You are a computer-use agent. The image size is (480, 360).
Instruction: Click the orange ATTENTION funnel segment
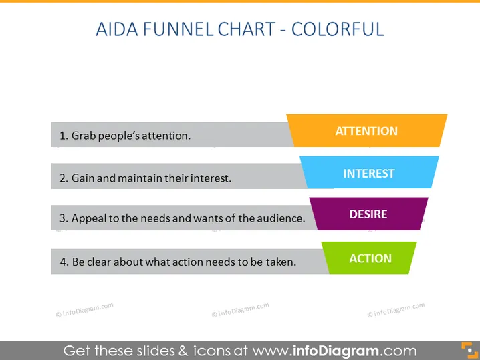[367, 131]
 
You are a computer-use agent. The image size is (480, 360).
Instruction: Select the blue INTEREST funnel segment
[369, 172]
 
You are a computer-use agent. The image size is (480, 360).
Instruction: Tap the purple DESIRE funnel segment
[368, 214]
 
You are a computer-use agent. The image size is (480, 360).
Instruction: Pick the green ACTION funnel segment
[369, 258]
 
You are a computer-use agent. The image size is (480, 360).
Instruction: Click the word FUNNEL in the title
[178, 29]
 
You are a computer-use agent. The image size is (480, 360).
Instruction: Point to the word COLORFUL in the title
[338, 29]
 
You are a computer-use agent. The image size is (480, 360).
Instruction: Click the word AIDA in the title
[117, 29]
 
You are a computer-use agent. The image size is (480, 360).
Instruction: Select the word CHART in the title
[247, 29]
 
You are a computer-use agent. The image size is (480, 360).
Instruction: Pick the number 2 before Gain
[64, 178]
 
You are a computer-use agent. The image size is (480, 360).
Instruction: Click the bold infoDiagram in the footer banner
[336, 351]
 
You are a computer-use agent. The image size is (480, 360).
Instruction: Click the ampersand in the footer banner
[183, 351]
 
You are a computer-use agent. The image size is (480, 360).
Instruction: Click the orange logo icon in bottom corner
[469, 350]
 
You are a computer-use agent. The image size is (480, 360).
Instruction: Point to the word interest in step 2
[211, 178]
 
